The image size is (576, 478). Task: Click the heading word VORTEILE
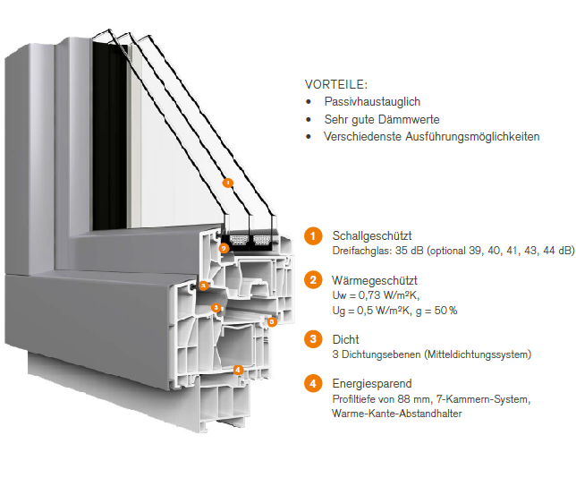[x=335, y=84]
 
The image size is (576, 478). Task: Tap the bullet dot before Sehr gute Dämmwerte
[x=309, y=119]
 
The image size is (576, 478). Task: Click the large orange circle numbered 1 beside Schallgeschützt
[x=312, y=235]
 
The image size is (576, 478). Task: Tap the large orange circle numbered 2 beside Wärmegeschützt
[x=312, y=280]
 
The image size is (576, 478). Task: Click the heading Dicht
[x=345, y=339]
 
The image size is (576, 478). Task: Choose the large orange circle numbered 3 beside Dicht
[x=312, y=339]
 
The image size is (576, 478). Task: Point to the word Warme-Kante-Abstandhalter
[x=396, y=414]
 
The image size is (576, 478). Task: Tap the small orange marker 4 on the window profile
[x=237, y=369]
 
